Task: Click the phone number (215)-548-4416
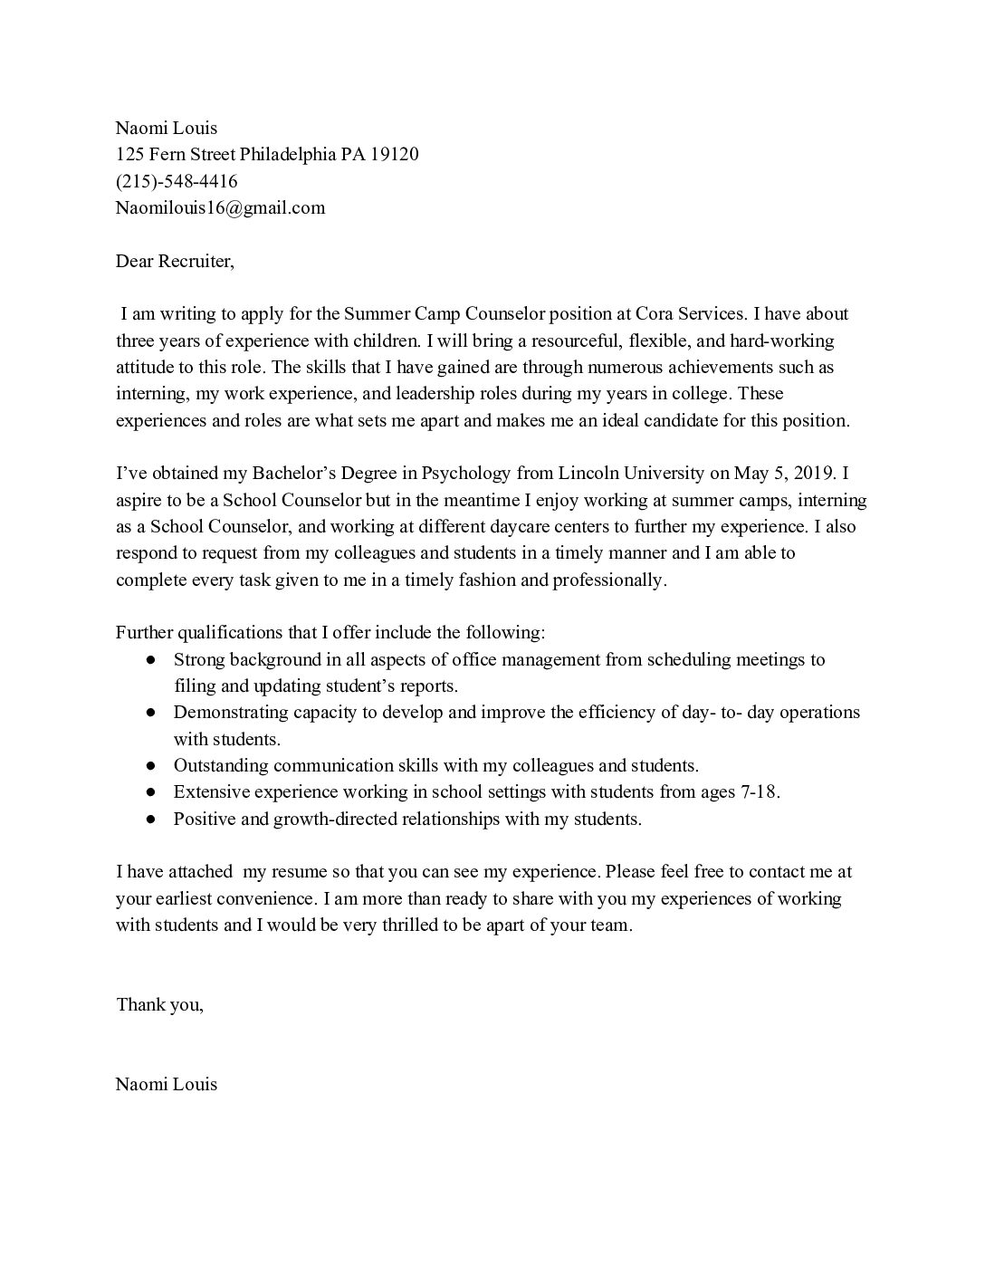point(177,181)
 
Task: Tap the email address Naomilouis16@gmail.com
point(220,207)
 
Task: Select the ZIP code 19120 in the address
point(394,154)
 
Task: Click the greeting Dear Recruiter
point(175,262)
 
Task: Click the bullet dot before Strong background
point(151,660)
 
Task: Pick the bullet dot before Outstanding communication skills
point(151,766)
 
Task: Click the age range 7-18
point(756,791)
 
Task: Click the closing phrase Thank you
point(159,1004)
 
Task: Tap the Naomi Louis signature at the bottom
point(167,1084)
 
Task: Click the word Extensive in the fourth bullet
point(211,791)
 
